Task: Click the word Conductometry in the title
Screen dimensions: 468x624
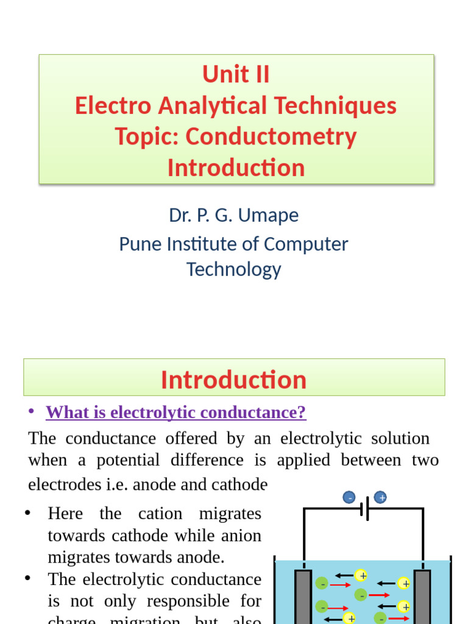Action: [271, 136]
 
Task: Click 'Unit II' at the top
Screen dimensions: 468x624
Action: [236, 74]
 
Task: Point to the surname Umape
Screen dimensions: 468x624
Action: [269, 215]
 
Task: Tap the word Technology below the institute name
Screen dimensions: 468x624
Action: [234, 269]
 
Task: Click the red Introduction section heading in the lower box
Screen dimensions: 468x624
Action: [234, 379]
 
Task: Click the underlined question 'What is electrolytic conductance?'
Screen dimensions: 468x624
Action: [176, 413]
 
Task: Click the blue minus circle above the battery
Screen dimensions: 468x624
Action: [349, 497]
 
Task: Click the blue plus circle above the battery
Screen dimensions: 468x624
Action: [380, 497]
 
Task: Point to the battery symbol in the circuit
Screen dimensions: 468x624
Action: [365, 508]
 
